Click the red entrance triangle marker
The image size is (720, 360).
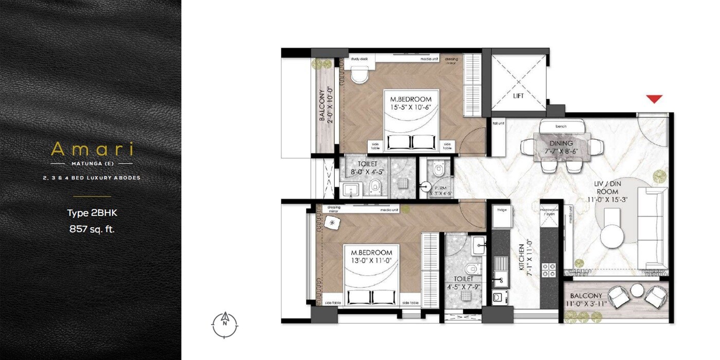click(654, 99)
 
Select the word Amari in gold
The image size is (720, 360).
click(92, 149)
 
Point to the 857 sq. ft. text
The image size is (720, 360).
click(92, 229)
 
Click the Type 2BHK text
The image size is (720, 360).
click(92, 213)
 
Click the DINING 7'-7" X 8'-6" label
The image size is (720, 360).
click(561, 147)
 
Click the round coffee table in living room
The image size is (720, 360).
click(616, 237)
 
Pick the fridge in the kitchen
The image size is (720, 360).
click(502, 217)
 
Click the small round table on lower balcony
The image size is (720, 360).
click(637, 291)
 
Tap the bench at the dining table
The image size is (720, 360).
click(561, 126)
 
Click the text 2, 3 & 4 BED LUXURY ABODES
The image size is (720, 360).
click(92, 178)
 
